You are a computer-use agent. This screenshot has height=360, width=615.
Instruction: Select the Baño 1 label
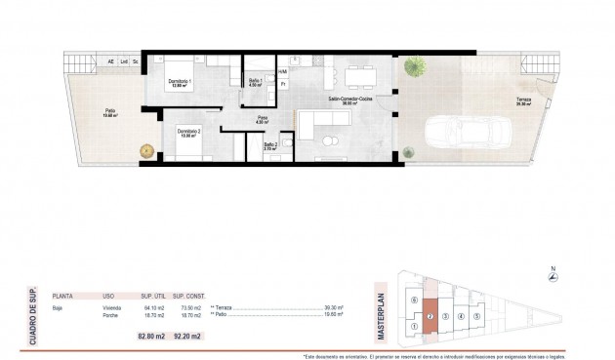(x=254, y=81)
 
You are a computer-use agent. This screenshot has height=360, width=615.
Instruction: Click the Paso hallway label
(x=262, y=120)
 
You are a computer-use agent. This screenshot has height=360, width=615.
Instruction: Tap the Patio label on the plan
(x=110, y=113)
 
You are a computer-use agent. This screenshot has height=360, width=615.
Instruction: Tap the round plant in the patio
(x=147, y=150)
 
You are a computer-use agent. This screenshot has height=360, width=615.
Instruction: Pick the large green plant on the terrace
(x=416, y=67)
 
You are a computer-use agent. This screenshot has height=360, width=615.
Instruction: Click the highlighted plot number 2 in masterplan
(x=430, y=316)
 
